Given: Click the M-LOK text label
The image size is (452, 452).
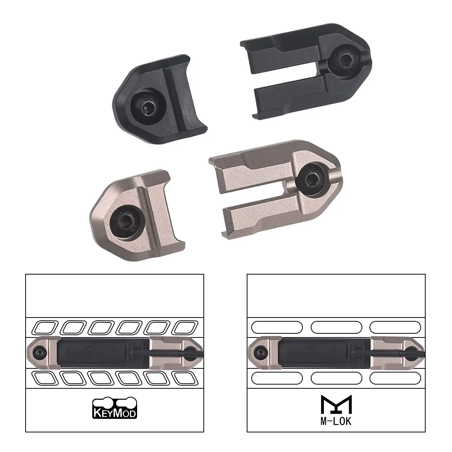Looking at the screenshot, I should [336, 421].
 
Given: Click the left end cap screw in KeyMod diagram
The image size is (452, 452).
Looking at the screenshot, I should [39, 353].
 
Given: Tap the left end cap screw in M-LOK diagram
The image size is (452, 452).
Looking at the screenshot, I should [260, 353].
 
